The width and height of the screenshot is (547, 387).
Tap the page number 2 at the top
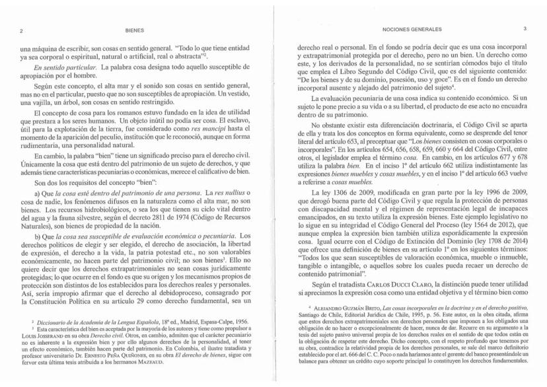(23, 30)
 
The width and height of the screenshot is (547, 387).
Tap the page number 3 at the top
(524, 30)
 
